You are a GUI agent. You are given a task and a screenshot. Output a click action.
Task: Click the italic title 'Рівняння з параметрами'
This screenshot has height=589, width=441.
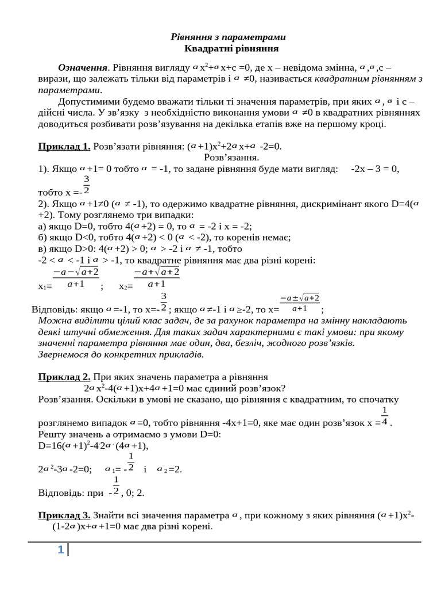coord(228,37)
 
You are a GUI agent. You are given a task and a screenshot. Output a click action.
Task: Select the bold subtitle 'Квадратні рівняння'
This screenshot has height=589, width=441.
coord(228,49)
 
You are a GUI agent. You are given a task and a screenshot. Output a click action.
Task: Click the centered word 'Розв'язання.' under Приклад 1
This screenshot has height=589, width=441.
coord(232,157)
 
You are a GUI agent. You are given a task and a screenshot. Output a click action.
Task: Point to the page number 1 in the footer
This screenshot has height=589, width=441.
coord(60,550)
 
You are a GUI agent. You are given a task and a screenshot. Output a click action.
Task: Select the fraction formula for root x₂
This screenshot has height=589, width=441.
coord(156,278)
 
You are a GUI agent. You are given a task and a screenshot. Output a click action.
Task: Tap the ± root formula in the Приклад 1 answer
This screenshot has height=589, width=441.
coord(300,303)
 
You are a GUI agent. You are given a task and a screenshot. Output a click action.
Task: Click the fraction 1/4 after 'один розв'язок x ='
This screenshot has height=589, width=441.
coord(385,416)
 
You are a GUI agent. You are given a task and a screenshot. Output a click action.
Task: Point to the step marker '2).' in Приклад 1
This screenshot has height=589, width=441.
coord(44,204)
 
